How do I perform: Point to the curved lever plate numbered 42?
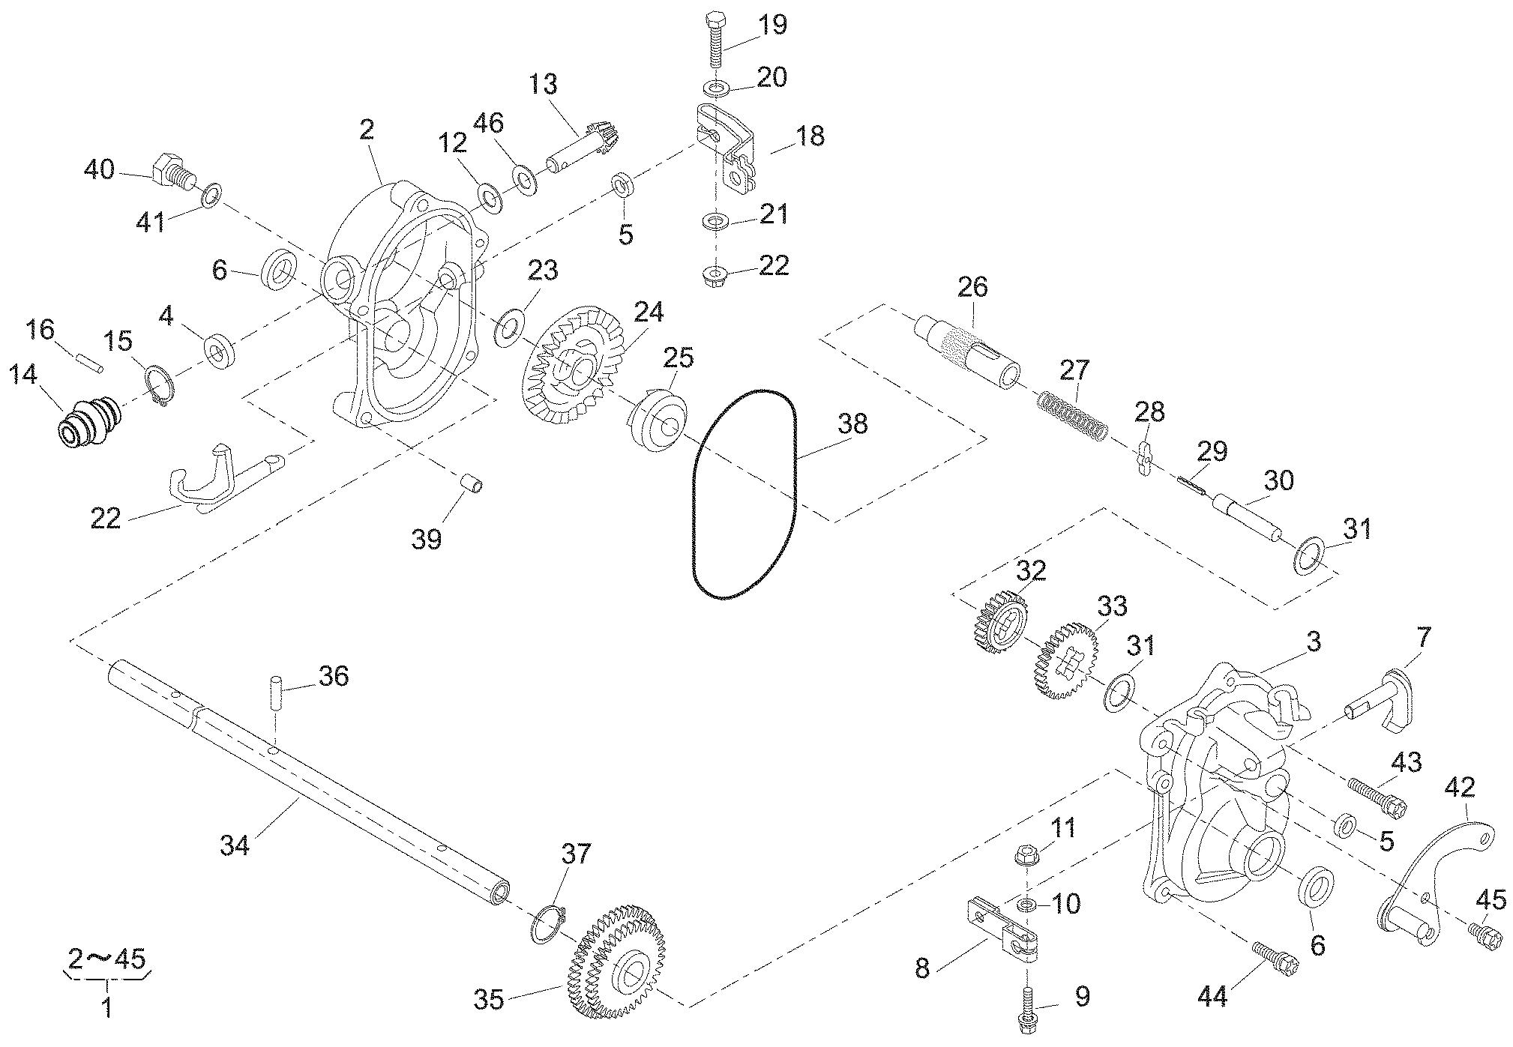click(1425, 877)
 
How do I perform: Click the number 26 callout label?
click(972, 287)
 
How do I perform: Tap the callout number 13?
click(542, 85)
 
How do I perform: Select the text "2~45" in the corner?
click(107, 960)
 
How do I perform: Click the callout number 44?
click(1212, 996)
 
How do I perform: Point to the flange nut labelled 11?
click(1025, 854)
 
